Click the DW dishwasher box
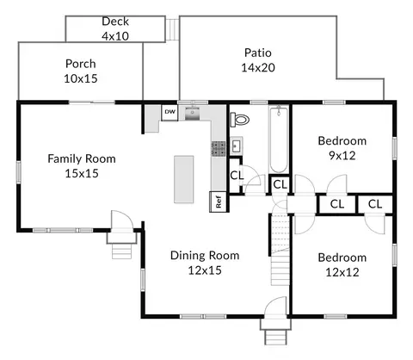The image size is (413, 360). pos(170,113)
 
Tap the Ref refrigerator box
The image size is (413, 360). pos(219,202)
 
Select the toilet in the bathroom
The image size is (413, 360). pos(239,120)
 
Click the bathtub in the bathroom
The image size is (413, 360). pos(279,140)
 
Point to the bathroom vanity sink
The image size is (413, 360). pos(237,146)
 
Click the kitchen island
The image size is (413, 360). pos(184,179)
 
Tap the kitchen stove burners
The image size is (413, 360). pos(219,149)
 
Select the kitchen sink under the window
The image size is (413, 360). pos(192,114)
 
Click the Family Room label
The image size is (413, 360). pos(82,158)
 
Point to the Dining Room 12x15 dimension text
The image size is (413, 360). pos(205,270)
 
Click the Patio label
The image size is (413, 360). pos(258,53)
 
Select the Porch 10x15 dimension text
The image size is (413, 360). pos(81,78)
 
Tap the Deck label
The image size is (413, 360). pos(115,22)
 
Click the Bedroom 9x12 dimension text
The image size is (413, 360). pos(342,156)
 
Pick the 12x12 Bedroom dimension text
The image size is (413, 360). pos(342,272)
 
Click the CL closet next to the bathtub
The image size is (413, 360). pos(280,184)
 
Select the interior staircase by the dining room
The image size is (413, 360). pos(280,250)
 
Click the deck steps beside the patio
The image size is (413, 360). pos(173,29)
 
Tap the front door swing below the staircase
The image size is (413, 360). pos(275,307)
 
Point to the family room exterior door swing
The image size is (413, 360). pos(122,220)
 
